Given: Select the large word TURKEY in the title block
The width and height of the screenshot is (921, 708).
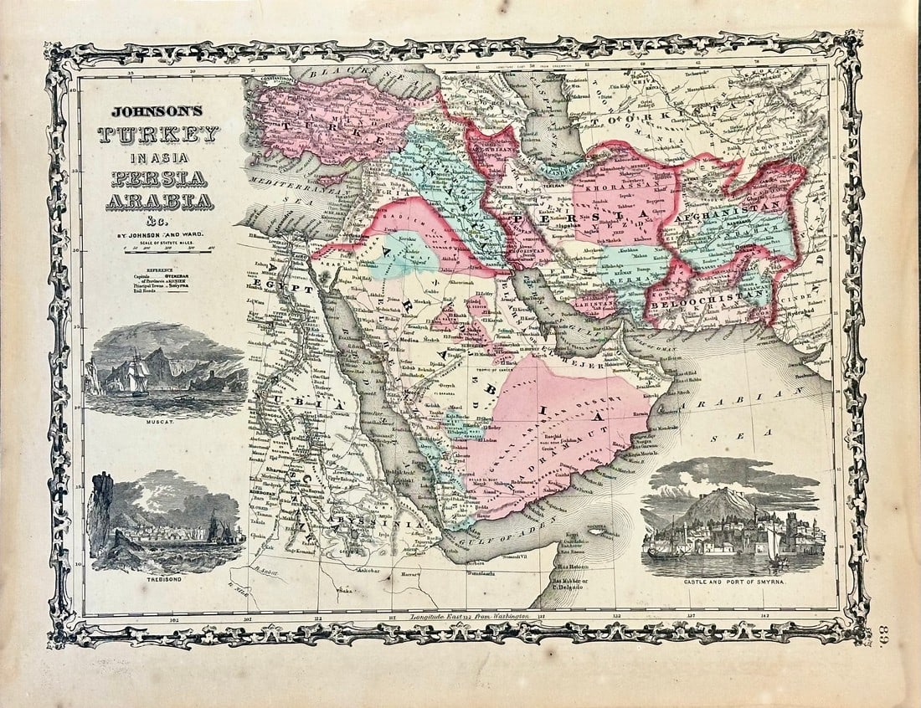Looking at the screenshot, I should (158, 134).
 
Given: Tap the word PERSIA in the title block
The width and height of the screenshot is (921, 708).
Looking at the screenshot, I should (157, 177).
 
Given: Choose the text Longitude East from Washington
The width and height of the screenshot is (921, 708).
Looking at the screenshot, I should (471, 617).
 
